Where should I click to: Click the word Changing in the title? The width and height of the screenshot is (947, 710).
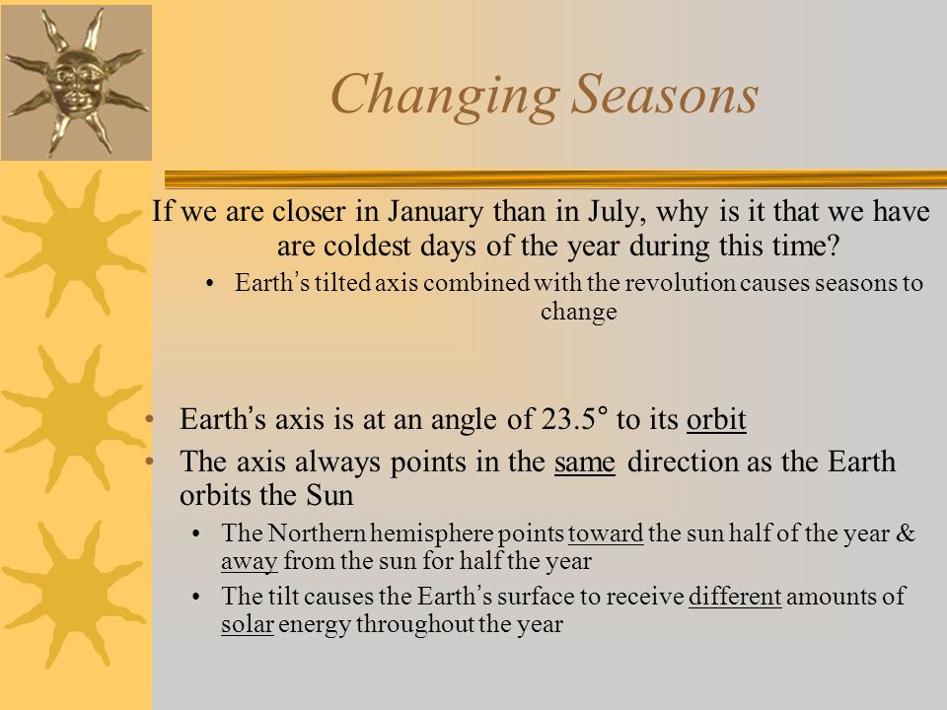click(x=445, y=96)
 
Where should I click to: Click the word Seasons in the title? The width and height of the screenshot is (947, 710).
click(x=665, y=94)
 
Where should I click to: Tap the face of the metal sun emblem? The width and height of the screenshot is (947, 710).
click(x=77, y=83)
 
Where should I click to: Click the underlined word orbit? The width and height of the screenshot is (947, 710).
click(x=716, y=419)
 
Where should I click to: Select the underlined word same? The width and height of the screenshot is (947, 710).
click(x=585, y=462)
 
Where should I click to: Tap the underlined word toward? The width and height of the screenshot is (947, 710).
click(x=606, y=533)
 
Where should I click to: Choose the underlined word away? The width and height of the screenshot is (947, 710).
click(x=249, y=561)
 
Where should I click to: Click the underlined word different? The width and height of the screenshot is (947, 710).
click(x=735, y=597)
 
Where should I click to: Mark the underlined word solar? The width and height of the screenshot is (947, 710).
click(x=248, y=623)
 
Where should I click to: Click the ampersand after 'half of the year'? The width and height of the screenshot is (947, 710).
click(x=906, y=533)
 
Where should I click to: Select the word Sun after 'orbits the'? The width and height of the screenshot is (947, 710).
click(x=329, y=496)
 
